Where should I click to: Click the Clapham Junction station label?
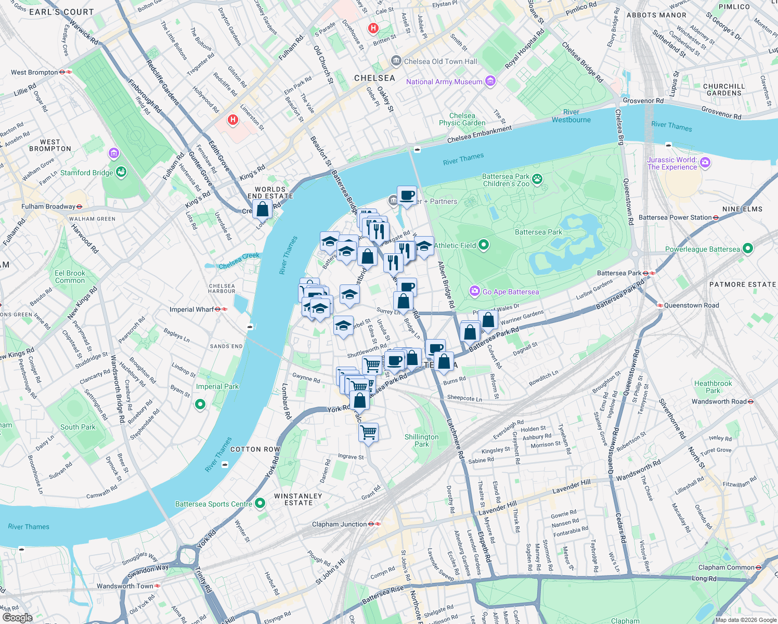click(x=340, y=524)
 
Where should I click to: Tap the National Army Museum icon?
click(x=490, y=81)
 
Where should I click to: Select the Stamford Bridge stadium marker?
click(x=121, y=172)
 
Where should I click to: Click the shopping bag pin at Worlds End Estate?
click(x=263, y=210)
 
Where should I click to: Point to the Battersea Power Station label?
click(x=675, y=218)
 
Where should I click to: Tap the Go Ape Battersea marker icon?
click(x=474, y=291)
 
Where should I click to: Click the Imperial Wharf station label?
click(x=192, y=309)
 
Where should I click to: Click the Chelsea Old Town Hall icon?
click(x=396, y=61)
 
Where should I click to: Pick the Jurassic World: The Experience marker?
click(x=705, y=163)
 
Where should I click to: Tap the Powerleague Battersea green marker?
click(x=748, y=249)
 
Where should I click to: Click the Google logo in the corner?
click(x=17, y=618)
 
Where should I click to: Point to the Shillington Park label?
click(x=422, y=440)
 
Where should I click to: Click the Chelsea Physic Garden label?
click(x=462, y=119)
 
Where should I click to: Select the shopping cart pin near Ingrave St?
click(x=368, y=432)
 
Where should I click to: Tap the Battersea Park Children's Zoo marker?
click(x=537, y=179)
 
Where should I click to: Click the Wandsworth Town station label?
click(x=125, y=586)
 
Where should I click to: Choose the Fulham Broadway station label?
click(x=48, y=206)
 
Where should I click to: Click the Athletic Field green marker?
click(x=484, y=245)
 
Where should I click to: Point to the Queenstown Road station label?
click(x=691, y=305)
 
